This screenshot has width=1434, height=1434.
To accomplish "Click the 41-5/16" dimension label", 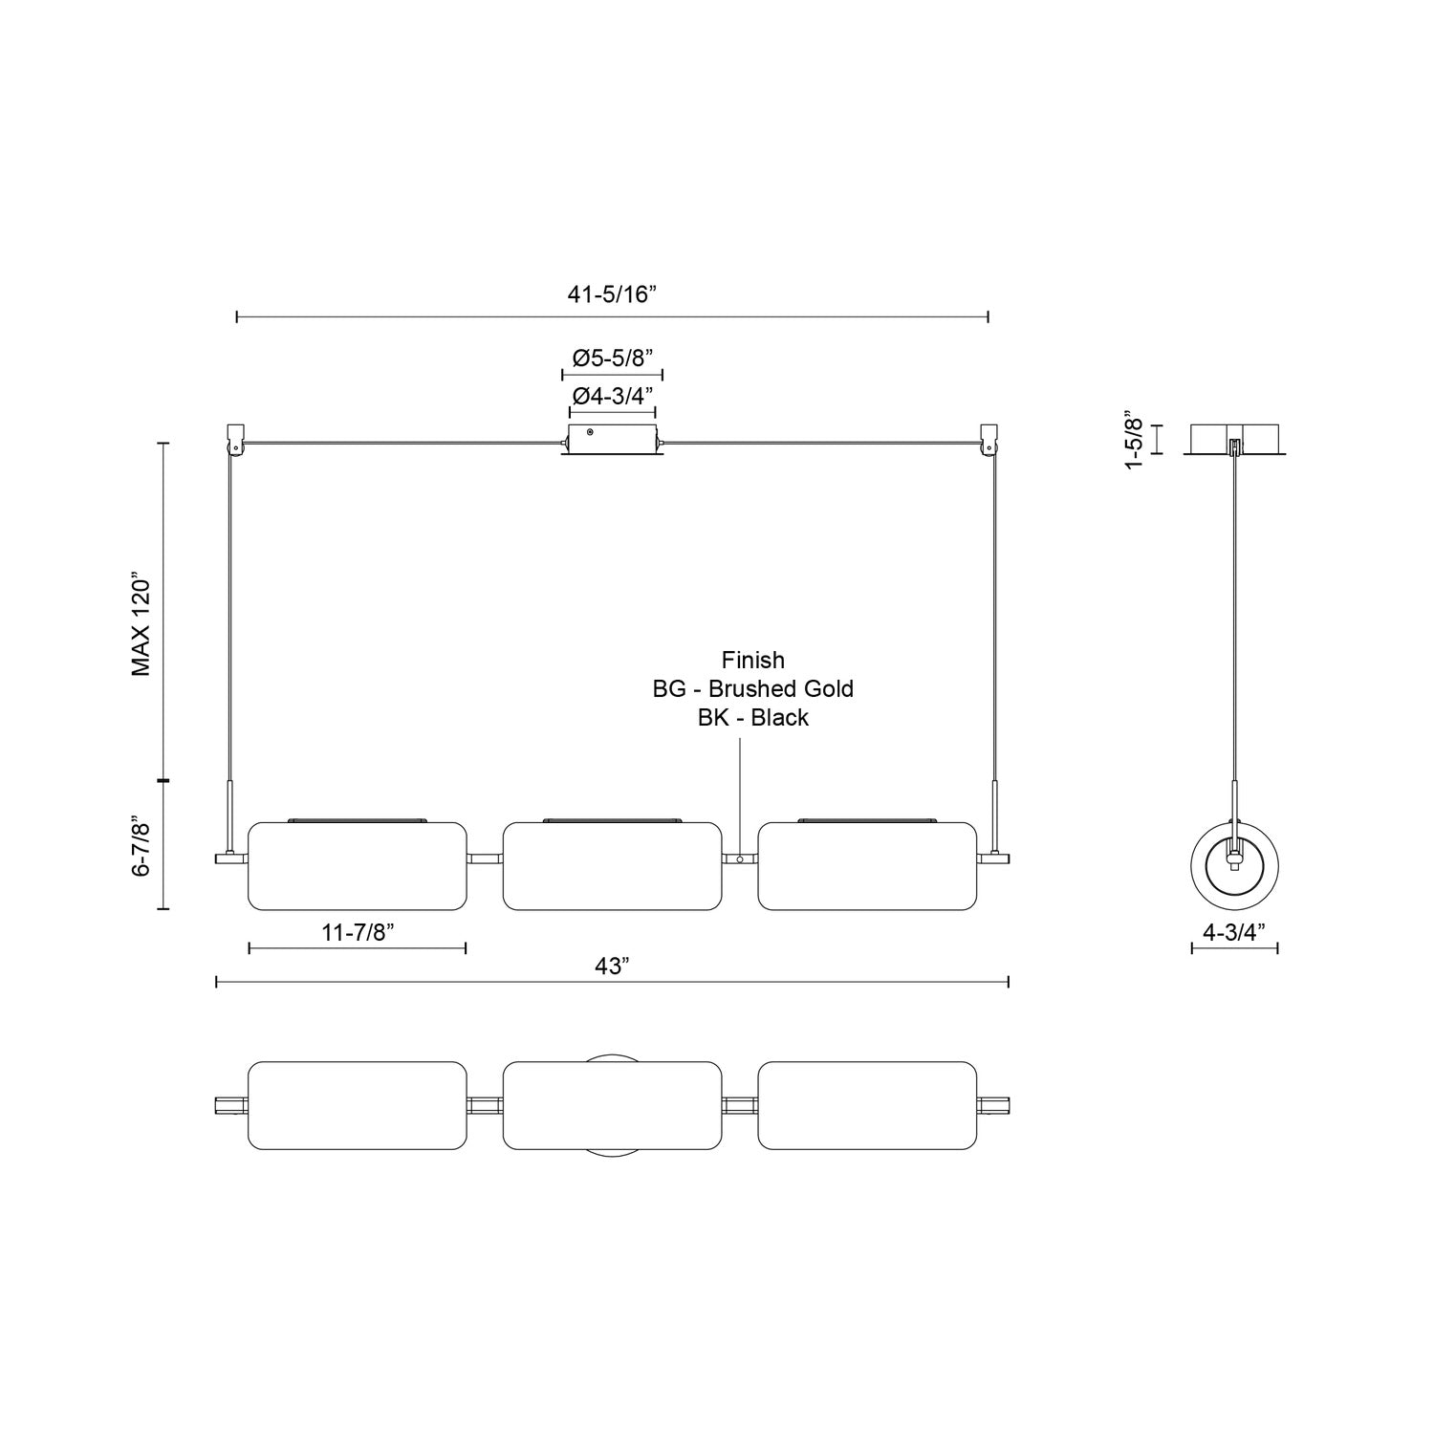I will [x=612, y=294].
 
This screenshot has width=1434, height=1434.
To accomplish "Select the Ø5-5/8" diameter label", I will [x=612, y=358].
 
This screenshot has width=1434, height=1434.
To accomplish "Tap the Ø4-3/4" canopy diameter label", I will [x=612, y=395].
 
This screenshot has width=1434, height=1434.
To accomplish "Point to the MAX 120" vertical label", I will [x=142, y=626].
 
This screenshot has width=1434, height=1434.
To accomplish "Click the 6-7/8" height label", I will [x=142, y=846].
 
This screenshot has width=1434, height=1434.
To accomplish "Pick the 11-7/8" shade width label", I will [x=357, y=933].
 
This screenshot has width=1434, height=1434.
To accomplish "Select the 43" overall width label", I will [x=612, y=967].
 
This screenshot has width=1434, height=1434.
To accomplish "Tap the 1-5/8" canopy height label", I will [x=1134, y=440].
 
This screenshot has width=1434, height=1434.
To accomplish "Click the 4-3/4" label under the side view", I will [x=1234, y=933].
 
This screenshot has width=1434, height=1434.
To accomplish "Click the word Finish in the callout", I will [x=753, y=660].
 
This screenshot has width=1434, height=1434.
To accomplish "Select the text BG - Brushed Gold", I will [x=753, y=688].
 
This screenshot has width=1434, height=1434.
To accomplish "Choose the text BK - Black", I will [x=753, y=718].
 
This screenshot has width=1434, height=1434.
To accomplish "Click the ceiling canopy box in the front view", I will [x=612, y=441].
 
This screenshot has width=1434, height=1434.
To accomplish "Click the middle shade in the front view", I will [x=612, y=865].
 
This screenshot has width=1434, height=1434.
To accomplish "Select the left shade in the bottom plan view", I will [x=358, y=1105].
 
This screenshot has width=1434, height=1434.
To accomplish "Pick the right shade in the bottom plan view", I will [x=867, y=1105].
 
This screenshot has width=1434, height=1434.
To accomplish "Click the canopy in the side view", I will [x=1234, y=439].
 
